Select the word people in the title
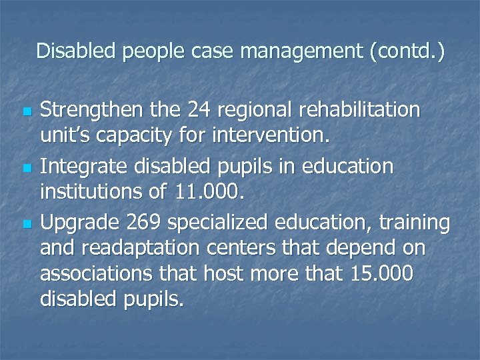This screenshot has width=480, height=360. [149, 51]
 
